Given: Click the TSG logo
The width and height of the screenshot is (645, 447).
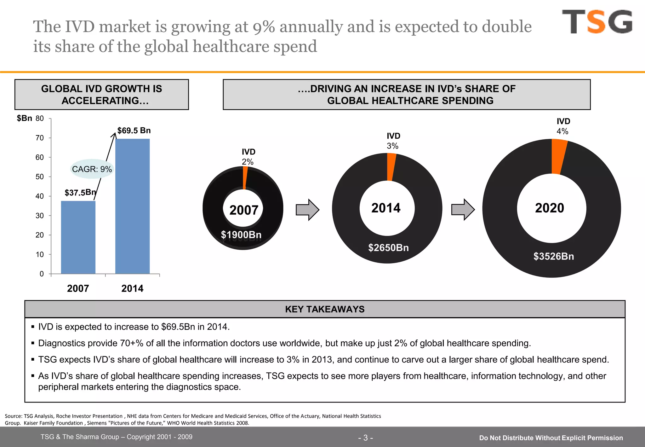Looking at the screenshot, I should coord(597,21).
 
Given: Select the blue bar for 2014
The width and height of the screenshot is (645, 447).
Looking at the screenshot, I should coord(132,206).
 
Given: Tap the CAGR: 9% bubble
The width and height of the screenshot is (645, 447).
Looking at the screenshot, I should coord(92,169).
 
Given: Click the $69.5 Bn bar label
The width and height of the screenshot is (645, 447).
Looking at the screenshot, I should coord(134,131).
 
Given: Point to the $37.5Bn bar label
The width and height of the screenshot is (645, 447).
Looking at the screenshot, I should coord(80,192).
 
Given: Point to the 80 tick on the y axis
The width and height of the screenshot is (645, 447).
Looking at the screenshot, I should coord(40,119).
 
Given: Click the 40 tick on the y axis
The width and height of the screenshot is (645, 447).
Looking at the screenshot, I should coord(40,196).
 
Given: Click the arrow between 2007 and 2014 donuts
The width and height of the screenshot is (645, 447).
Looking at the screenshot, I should coord(307,210).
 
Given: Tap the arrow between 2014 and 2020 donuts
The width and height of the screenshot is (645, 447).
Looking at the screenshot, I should coord(463,210).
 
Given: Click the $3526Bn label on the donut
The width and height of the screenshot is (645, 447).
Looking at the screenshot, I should coord(553,256).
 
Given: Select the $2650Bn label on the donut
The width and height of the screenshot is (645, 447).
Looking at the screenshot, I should coord(388,248).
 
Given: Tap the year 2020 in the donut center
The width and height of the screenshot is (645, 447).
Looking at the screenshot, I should coord(549,208).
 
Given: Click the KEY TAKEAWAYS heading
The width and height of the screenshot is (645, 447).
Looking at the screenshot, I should coord(325,309).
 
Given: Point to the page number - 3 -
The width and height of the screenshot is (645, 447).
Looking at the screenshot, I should coord(365,438).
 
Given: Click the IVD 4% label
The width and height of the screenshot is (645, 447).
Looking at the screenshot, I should coord(563,126).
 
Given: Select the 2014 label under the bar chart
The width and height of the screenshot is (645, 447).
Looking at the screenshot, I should coord(132,288).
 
